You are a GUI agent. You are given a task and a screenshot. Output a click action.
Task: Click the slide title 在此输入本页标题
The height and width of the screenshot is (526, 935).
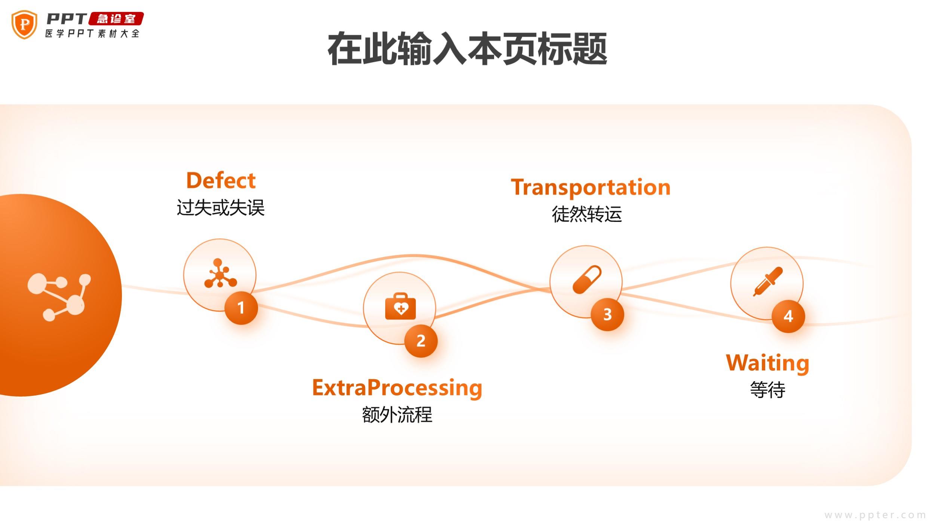(467, 49)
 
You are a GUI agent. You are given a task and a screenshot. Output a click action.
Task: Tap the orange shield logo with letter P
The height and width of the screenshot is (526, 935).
(24, 24)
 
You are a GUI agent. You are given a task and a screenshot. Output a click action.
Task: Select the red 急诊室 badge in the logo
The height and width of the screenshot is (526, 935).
(116, 19)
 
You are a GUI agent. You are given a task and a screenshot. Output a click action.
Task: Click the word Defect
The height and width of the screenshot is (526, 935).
(221, 180)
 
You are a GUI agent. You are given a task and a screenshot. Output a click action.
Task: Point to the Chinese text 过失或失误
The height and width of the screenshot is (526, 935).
(221, 208)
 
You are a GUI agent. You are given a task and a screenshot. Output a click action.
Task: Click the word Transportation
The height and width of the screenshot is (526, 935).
(591, 187)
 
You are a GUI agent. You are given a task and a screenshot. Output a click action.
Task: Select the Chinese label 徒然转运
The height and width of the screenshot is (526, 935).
(587, 214)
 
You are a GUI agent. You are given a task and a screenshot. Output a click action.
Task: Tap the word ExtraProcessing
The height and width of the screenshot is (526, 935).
(397, 388)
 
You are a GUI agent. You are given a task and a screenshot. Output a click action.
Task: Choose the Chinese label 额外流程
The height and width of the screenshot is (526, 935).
(397, 415)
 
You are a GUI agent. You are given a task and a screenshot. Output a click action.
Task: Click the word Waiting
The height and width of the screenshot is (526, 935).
(767, 363)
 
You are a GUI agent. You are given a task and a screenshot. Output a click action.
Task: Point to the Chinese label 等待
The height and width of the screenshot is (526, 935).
(767, 390)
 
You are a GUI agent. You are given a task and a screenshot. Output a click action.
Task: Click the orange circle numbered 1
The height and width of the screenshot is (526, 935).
(241, 308)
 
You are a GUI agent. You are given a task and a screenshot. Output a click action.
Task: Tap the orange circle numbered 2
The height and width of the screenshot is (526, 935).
(421, 341)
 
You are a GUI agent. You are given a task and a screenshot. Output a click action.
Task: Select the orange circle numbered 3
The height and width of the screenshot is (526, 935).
(607, 314)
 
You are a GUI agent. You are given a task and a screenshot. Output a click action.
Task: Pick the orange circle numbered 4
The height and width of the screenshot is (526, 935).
(788, 316)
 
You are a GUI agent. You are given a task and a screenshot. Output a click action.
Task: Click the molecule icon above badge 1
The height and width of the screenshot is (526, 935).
(220, 274)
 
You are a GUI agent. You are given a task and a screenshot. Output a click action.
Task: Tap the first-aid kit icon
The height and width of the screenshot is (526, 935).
(400, 307)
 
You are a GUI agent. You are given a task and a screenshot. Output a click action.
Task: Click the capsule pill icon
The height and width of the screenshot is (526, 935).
(587, 279)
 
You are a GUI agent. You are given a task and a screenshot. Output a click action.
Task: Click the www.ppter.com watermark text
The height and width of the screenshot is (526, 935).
(875, 515)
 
